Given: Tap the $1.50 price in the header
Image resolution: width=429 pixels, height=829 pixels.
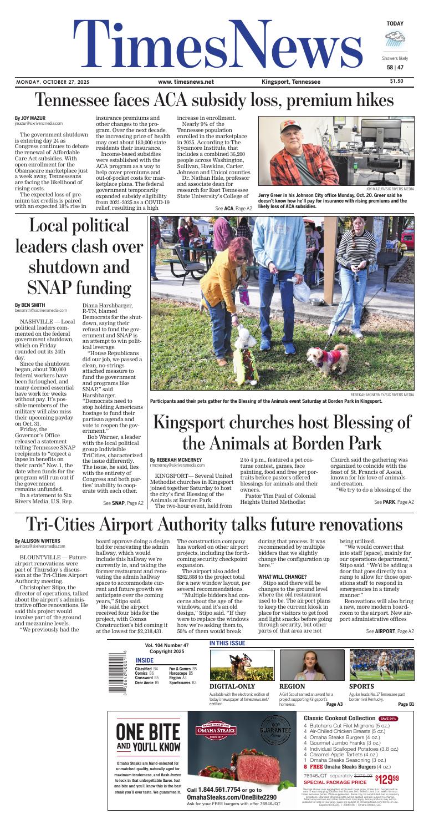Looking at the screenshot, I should (x=397, y=82).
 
